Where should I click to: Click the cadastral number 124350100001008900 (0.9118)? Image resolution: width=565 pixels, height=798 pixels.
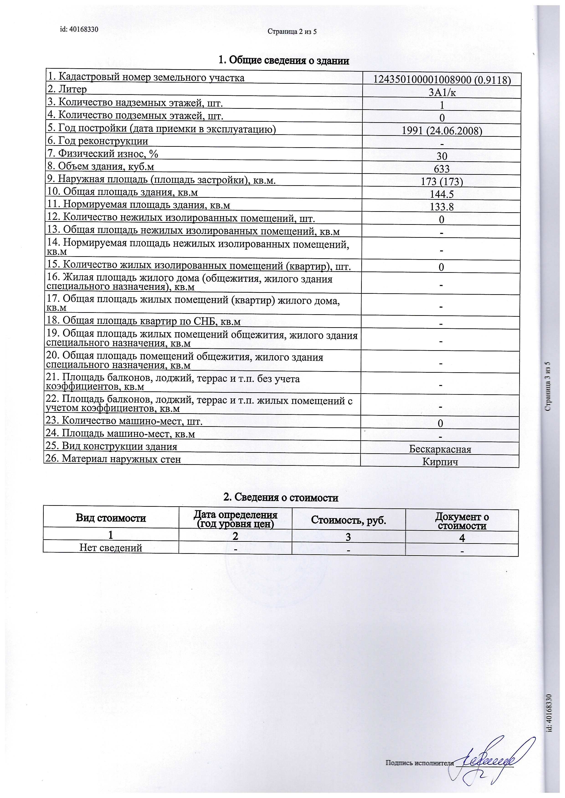coord(442,80)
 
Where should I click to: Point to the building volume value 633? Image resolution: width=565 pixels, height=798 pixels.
coord(442,169)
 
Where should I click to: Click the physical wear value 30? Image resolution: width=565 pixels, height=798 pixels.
coord(442,156)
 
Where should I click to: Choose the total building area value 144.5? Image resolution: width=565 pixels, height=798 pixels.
coord(442,194)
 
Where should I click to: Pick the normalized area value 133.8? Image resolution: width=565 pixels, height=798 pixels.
coord(442,207)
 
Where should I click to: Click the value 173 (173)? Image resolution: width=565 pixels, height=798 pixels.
coord(442,181)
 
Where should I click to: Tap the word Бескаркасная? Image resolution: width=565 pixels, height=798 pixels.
coord(440,449)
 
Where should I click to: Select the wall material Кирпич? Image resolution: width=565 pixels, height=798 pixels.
coord(440,462)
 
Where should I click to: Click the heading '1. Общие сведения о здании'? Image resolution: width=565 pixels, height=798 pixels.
coord(284,61)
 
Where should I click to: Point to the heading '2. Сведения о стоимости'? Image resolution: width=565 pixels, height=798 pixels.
coord(281,498)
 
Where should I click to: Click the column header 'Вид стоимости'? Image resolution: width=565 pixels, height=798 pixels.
coord(111,518)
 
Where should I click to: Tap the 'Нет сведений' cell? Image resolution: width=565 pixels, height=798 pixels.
coord(111,548)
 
